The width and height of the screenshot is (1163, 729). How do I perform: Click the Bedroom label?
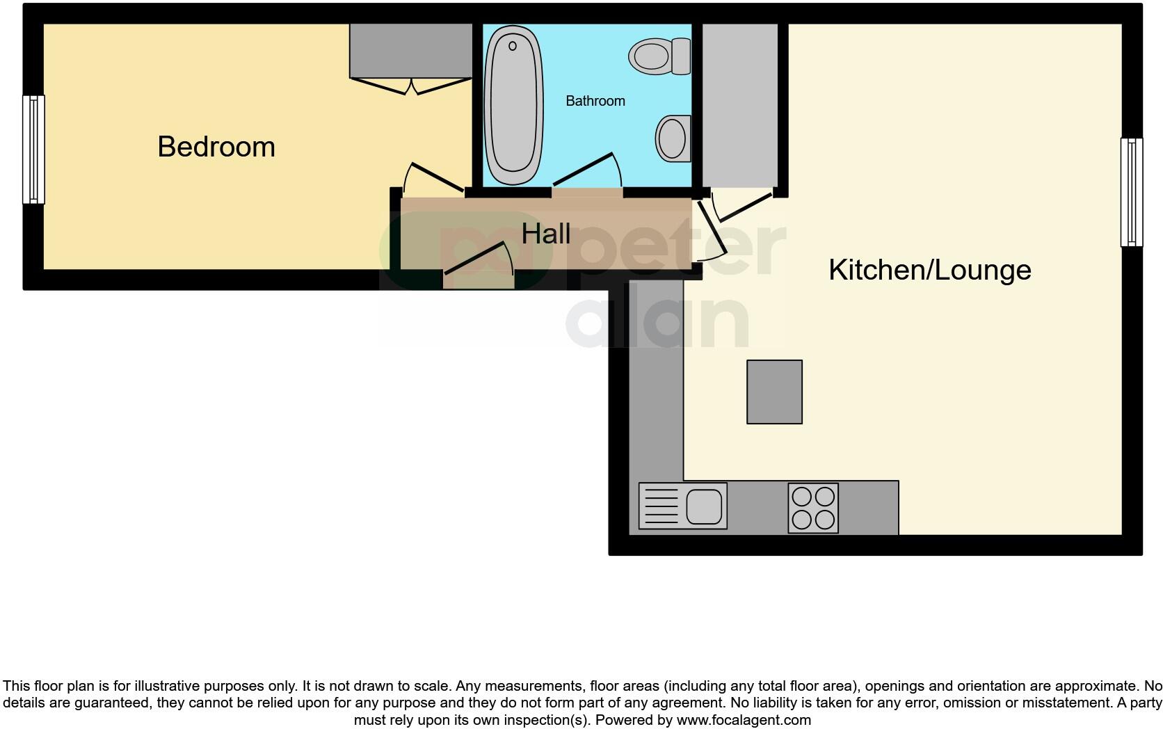tap(216, 147)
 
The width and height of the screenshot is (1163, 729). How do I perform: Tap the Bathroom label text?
tap(595, 101)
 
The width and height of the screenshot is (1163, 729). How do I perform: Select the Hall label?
tap(546, 234)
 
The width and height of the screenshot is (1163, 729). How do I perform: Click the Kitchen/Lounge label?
tap(929, 269)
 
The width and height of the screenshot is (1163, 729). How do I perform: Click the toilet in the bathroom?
tap(659, 56)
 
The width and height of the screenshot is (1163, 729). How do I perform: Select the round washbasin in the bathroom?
tap(673, 138)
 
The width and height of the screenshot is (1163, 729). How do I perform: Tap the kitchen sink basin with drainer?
tap(682, 506)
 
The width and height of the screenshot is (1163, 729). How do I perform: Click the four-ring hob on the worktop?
tap(813, 508)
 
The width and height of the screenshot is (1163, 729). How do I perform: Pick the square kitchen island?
tap(774, 392)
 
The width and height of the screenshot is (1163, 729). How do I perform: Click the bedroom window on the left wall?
tap(33, 149)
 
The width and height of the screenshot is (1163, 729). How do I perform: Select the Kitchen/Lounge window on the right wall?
tap(1131, 192)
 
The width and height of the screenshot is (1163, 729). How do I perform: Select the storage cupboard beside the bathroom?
tap(739, 104)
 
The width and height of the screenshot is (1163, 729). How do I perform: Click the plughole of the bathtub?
tap(513, 46)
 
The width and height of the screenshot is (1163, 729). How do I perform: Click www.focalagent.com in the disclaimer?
tap(744, 720)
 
